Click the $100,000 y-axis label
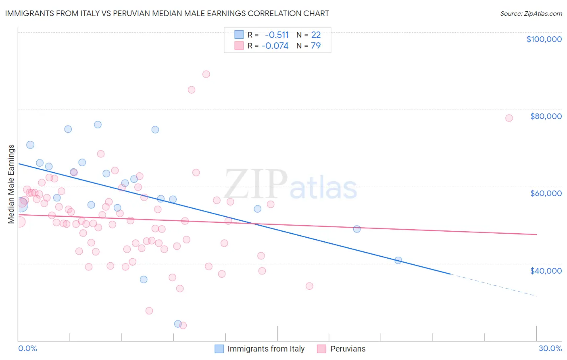tap(544, 39)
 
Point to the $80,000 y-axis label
tap(546, 116)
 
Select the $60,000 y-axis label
tap(546, 193)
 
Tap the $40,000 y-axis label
tap(546, 271)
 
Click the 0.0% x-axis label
tap(27, 348)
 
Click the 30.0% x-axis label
tap(550, 348)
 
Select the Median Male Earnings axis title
tap(11, 184)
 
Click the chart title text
tap(167, 14)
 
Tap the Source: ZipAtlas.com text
tap(531, 14)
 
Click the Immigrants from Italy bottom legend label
tap(266, 349)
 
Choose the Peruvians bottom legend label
tap(348, 349)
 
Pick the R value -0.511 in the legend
tap(277, 35)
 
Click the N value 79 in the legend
tap(316, 46)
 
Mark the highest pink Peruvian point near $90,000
tap(206, 74)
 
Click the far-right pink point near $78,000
tap(509, 118)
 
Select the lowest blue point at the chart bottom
tap(178, 324)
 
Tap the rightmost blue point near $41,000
tap(398, 260)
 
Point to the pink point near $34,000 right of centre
tap(309, 286)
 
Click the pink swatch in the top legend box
tap(239, 46)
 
